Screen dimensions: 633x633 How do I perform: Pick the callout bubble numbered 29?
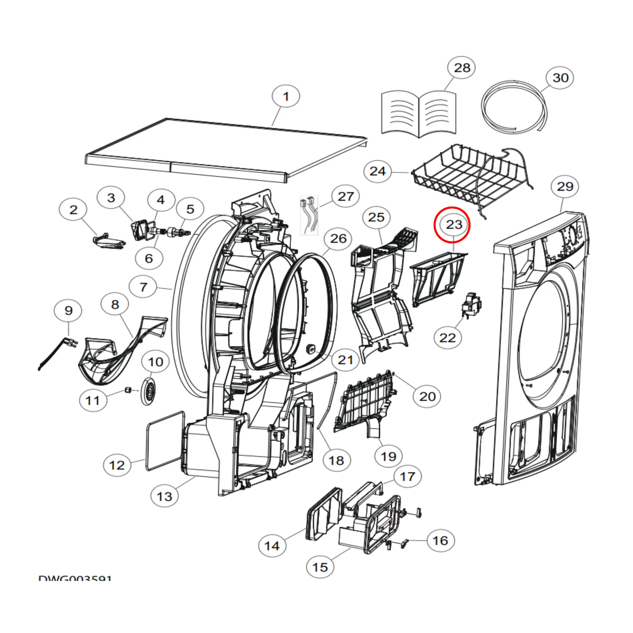(565, 186)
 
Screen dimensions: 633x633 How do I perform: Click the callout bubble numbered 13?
(165, 496)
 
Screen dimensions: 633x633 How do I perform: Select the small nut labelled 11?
(128, 390)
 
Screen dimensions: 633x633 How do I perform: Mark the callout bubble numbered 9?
(68, 310)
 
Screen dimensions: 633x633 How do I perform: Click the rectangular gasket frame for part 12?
(165, 441)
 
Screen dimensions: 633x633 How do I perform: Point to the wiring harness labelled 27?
(309, 215)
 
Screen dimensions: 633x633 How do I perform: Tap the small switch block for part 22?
(471, 305)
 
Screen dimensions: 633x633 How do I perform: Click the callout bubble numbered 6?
(149, 258)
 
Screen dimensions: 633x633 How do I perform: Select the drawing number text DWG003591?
(75, 578)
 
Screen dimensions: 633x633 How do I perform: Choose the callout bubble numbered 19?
(389, 456)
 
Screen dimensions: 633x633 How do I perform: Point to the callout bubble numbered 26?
(338, 238)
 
